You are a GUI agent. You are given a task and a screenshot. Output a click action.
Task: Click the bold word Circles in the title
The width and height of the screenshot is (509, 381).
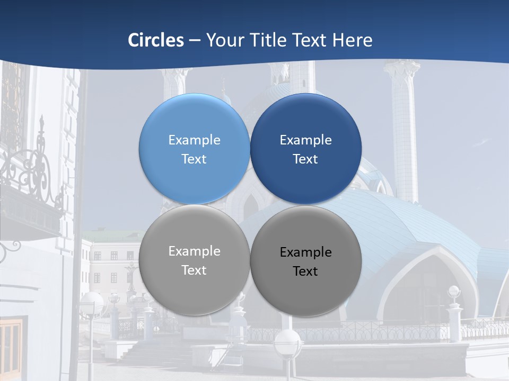(x=156, y=40)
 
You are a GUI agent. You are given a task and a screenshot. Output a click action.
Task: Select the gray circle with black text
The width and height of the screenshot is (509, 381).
(x=306, y=291)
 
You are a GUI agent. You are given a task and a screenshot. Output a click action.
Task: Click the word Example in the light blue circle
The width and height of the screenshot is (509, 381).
(x=194, y=140)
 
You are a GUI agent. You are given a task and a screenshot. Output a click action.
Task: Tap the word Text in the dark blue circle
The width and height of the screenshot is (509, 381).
(x=305, y=159)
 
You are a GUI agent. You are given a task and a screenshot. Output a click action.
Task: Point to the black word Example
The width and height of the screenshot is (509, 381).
(x=305, y=252)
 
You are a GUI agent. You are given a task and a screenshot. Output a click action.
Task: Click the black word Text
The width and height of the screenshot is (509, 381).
(x=305, y=271)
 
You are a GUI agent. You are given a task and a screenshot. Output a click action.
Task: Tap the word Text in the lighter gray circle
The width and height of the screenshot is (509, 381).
(x=194, y=270)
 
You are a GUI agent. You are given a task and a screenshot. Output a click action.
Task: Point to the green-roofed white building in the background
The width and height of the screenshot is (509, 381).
(x=109, y=259)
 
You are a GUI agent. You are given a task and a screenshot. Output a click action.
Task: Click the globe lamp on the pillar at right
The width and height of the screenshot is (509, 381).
(x=454, y=292)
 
